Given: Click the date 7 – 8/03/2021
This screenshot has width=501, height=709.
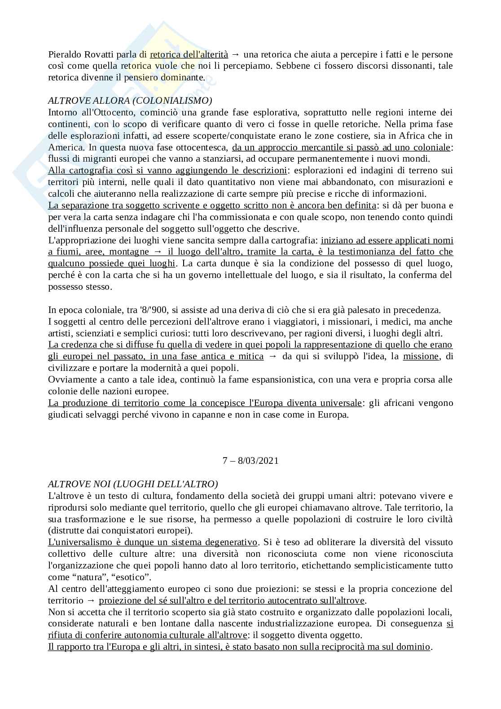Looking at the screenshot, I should pos(250,461).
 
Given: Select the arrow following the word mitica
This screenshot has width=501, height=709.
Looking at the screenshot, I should pos(272,356).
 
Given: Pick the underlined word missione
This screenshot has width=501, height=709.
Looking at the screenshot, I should pos(421,356).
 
